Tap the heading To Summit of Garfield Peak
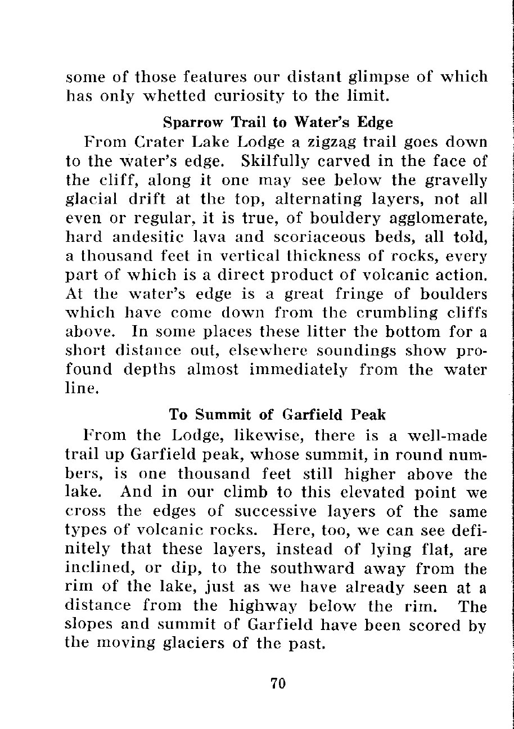(x=277, y=415)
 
